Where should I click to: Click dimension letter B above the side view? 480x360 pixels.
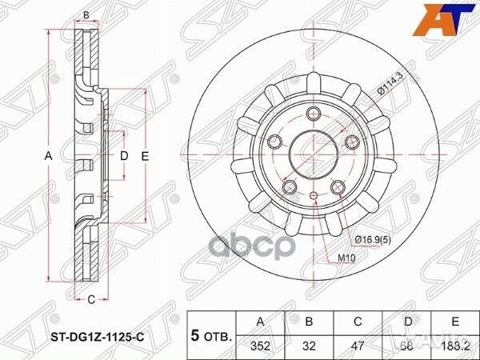click(x=86, y=14)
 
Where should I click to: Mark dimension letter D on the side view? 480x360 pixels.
click(x=124, y=156)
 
